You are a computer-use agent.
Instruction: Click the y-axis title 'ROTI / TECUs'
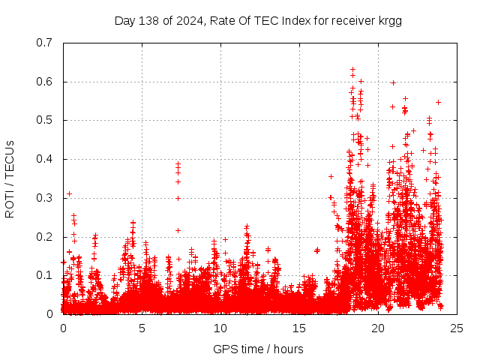10,178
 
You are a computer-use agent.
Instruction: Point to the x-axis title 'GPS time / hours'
259,349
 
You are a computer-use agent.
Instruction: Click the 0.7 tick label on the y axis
46,43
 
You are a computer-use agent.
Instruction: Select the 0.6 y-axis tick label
46,82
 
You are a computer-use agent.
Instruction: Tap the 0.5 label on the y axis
46,120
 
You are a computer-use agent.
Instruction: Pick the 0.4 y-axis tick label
46,159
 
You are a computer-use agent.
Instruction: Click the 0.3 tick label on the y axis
46,198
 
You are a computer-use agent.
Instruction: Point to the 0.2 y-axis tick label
46,237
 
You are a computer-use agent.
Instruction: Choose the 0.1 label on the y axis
46,275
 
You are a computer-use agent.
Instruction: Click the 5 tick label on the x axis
142,328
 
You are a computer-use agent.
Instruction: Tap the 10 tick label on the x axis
220,328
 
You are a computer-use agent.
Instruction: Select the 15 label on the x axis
299,328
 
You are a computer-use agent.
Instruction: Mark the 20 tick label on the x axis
378,328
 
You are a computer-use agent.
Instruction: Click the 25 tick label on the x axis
457,328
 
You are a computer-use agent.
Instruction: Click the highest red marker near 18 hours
352,70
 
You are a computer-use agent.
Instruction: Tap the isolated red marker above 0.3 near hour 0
69,193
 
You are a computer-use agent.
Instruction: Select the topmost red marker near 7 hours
178,163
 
